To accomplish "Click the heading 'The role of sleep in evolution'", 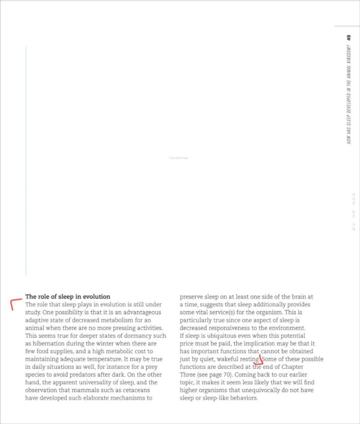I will click(x=68, y=296).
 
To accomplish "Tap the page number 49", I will click(x=348, y=38).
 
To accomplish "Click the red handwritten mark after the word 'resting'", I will click(x=259, y=361).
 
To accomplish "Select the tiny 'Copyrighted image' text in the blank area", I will click(x=178, y=158).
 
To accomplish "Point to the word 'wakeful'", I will click(x=228, y=359).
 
